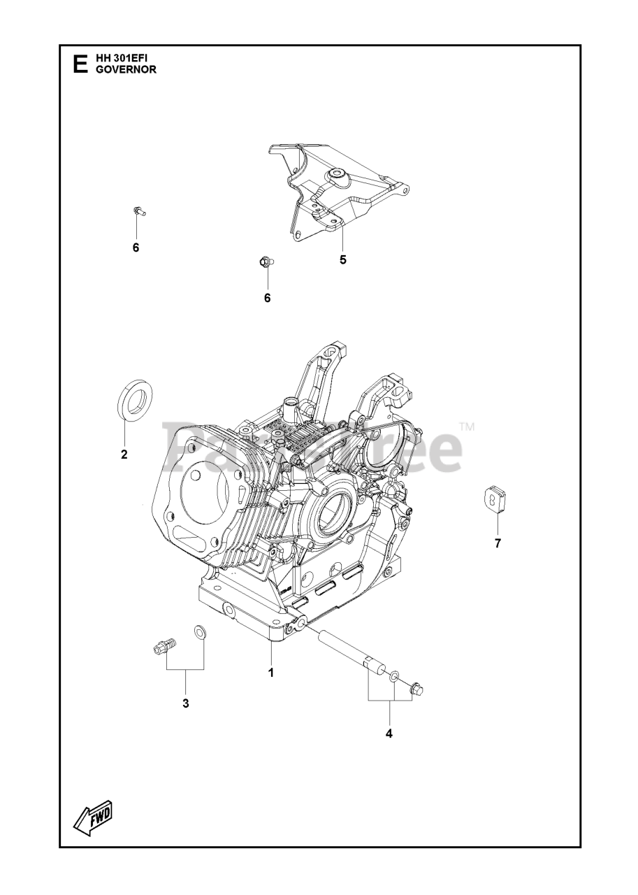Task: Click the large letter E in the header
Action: click(x=80, y=64)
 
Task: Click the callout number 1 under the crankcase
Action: click(x=270, y=673)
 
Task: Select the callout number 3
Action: click(x=185, y=703)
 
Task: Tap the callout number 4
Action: click(x=389, y=733)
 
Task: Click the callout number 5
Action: click(x=342, y=260)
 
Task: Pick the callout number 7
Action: click(x=498, y=543)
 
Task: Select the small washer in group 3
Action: click(x=199, y=633)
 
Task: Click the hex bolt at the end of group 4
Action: click(x=417, y=689)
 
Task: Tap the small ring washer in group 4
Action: click(x=395, y=677)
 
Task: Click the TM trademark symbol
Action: click(x=467, y=427)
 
